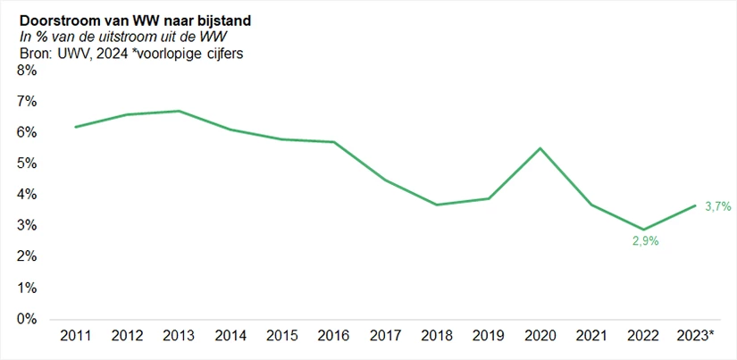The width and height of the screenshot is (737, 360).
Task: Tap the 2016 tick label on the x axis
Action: [x=333, y=337]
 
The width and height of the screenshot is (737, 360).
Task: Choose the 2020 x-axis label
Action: [x=540, y=337]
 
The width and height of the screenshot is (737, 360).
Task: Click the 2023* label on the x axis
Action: [x=696, y=337]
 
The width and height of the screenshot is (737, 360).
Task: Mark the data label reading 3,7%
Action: [x=717, y=206]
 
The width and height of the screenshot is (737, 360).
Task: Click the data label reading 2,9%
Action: [x=643, y=241]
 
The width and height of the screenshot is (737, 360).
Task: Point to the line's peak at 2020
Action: [x=540, y=148]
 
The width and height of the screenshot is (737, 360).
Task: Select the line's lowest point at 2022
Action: [x=643, y=230]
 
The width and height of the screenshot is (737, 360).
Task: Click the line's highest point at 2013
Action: [x=179, y=111]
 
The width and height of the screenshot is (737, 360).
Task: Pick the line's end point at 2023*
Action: [x=695, y=205]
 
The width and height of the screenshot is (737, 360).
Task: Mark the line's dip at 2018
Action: [x=436, y=205]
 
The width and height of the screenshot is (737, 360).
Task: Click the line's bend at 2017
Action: [x=385, y=180]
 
